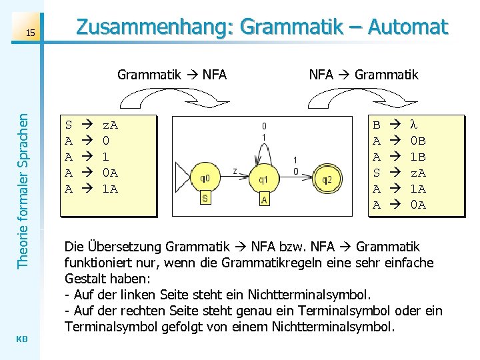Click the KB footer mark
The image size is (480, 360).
(22, 339)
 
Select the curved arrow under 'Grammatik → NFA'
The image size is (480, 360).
(172, 98)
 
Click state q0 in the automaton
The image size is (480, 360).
(205, 179)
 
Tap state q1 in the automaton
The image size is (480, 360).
(265, 179)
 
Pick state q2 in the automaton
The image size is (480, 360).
(326, 179)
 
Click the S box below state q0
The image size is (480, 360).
(205, 199)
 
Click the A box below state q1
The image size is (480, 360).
(265, 199)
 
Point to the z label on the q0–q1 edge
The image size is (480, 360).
(235, 171)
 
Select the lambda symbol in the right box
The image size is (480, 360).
(413, 124)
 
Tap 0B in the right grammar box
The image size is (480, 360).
(417, 141)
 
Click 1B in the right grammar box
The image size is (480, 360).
(417, 157)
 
